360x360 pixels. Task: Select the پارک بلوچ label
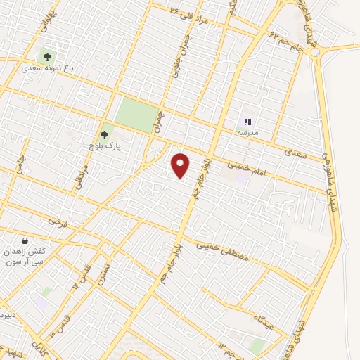(104, 147)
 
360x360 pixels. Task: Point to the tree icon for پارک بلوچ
(105, 134)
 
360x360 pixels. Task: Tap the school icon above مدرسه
(247, 121)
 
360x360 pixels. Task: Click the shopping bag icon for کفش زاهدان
(25, 240)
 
